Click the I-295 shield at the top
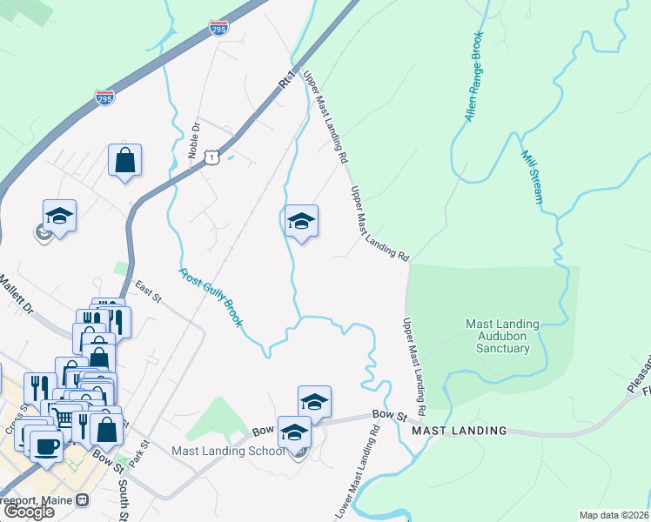[219, 29]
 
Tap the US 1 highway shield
[211, 156]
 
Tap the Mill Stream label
[532, 177]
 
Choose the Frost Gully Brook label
[211, 297]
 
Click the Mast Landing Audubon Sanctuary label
[502, 336]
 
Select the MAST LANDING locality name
[459, 431]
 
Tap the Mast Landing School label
[228, 451]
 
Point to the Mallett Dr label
[16, 294]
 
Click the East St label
[149, 291]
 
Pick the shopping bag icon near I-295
[124, 160]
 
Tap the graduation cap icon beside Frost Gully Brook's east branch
[301, 221]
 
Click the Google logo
[29, 512]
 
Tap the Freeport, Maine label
[37, 500]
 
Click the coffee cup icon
[46, 446]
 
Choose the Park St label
[144, 455]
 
